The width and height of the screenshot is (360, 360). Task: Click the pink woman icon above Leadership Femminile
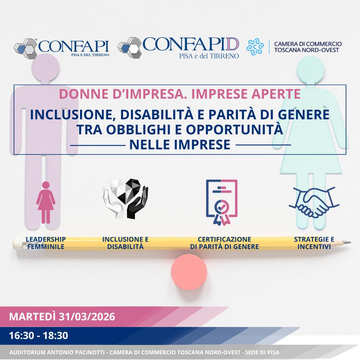click(x=46, y=202)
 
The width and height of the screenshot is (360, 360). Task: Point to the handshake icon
click(x=314, y=202)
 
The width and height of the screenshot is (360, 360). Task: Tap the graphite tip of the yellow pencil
click(x=349, y=243)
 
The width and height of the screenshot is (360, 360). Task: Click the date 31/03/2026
click(x=87, y=316)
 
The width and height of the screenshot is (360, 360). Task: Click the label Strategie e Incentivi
click(x=314, y=243)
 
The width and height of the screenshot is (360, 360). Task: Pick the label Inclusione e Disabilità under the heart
click(x=125, y=243)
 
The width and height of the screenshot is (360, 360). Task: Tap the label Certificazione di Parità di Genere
click(x=224, y=243)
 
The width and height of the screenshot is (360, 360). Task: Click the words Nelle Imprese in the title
click(x=180, y=145)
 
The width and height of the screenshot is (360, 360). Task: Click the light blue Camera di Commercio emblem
click(x=255, y=47)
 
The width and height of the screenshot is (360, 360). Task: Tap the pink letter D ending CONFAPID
click(x=233, y=44)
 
